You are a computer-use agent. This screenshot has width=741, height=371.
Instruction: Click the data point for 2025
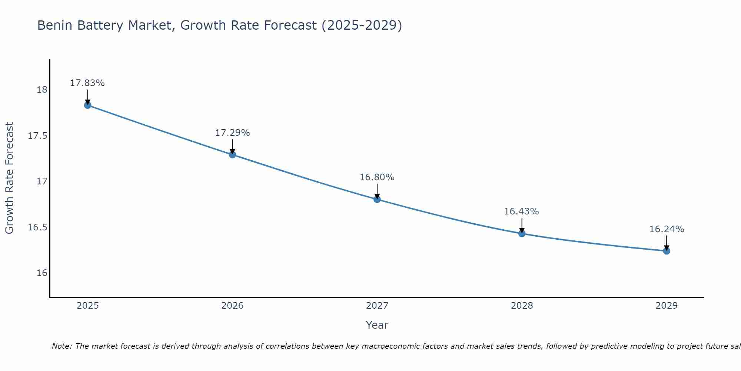coord(87,105)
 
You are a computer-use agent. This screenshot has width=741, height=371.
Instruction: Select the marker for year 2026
coord(232,154)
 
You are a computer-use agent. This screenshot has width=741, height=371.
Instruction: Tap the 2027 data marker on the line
coord(377,199)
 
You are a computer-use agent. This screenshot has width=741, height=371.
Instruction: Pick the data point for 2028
coord(522,233)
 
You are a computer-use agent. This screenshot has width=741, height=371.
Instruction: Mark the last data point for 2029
coord(667,251)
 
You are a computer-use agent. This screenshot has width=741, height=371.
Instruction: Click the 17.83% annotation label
coord(87,83)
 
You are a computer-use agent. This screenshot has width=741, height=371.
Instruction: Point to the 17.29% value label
coord(232,133)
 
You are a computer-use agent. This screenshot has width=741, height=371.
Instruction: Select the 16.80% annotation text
coord(377,177)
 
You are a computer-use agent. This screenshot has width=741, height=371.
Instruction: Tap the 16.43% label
coord(522,211)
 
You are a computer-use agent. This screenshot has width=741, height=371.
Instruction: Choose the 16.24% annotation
coord(667,229)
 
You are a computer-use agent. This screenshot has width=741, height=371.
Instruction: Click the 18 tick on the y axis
coord(42,90)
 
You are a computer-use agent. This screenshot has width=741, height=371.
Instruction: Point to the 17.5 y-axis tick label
coord(38,136)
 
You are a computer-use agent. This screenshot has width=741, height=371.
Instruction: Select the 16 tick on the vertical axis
coord(42,273)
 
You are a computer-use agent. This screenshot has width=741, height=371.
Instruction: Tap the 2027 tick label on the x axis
coord(377,306)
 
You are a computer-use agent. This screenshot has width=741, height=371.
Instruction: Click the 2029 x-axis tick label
coord(667,306)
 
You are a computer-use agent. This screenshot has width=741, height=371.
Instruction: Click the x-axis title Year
coord(377,325)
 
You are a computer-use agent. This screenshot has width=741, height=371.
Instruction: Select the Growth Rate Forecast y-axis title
coord(9,178)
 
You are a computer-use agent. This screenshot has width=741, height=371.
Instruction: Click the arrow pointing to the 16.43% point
coord(522,225)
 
